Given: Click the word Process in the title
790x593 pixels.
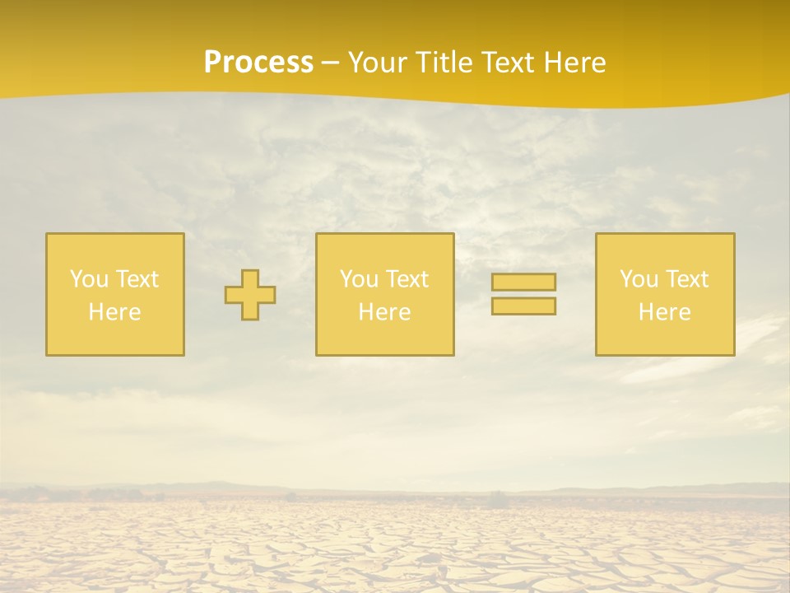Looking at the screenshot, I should [258, 63].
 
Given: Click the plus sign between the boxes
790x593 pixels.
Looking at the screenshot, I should [250, 295].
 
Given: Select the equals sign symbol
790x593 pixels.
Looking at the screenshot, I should [523, 294].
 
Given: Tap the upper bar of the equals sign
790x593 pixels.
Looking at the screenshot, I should [523, 282].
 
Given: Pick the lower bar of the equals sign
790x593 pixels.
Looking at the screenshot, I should [523, 306].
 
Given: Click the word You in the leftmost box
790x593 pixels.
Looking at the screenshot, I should [89, 279].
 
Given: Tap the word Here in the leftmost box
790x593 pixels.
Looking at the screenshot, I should [114, 312].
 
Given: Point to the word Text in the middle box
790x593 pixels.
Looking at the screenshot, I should [407, 279].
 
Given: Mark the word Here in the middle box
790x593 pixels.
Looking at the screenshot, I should [384, 312].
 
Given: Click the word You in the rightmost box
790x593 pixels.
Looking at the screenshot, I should [639, 279].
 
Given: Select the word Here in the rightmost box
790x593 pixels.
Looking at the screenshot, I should [664, 312].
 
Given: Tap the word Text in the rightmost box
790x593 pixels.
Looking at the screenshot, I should [686, 279].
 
